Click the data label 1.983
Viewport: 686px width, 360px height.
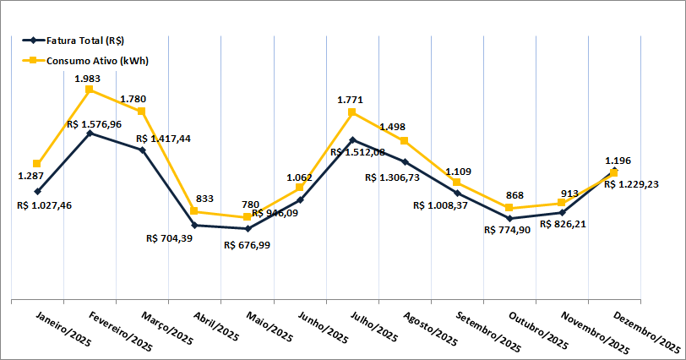(89, 79)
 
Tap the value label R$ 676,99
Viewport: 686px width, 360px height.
(248, 245)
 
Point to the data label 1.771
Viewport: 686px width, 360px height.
(350, 100)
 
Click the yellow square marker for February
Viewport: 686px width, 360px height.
(90, 89)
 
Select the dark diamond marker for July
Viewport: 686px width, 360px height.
(352, 139)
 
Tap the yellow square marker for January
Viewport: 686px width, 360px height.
(37, 163)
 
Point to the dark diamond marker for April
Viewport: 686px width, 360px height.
(194, 225)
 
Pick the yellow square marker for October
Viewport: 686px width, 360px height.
(509, 208)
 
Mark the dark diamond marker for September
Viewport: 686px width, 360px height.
(457, 193)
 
